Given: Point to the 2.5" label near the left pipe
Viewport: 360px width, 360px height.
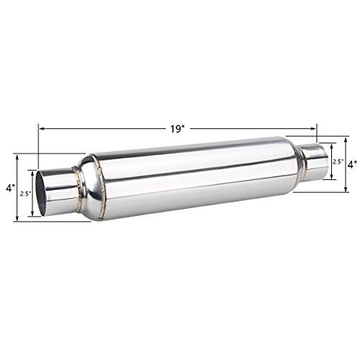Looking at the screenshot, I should click(24, 194).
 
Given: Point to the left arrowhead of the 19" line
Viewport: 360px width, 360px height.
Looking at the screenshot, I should click(40, 128).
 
